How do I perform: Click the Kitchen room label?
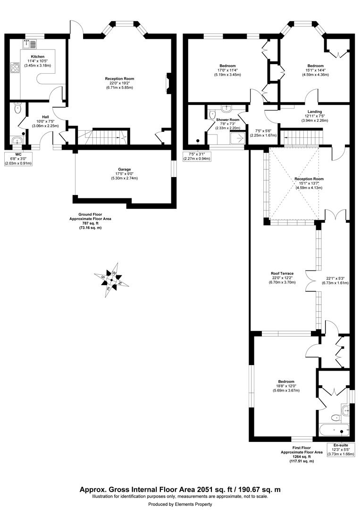[37, 57]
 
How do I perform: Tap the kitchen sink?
[30, 45]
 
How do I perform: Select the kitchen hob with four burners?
[14, 69]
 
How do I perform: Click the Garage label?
[125, 169]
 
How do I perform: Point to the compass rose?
[112, 281]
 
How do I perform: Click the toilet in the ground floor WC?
[17, 109]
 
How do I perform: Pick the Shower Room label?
[228, 120]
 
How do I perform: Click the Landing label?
[315, 111]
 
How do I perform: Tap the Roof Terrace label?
[282, 273]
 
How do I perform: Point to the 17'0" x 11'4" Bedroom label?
[227, 66]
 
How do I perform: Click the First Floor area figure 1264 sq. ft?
[301, 457]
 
